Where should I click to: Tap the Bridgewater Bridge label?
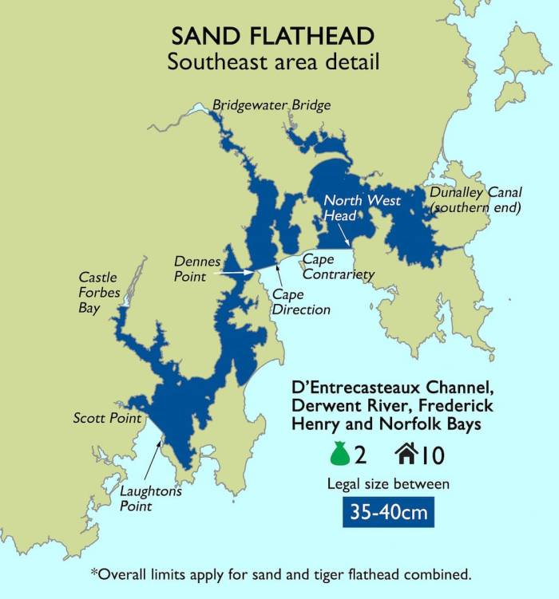click(271, 104)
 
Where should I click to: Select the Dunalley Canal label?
click(475, 199)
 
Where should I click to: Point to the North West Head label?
click(362, 208)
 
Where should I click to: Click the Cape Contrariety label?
click(338, 267)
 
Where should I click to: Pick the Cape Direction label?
click(301, 301)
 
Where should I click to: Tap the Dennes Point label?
click(198, 269)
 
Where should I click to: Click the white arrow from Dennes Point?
click(237, 272)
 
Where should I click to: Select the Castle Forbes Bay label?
click(99, 292)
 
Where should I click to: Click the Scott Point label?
click(107, 418)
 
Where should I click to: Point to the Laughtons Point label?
click(151, 498)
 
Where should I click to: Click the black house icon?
click(405, 454)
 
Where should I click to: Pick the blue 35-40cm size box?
click(388, 510)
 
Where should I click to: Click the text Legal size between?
click(388, 483)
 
